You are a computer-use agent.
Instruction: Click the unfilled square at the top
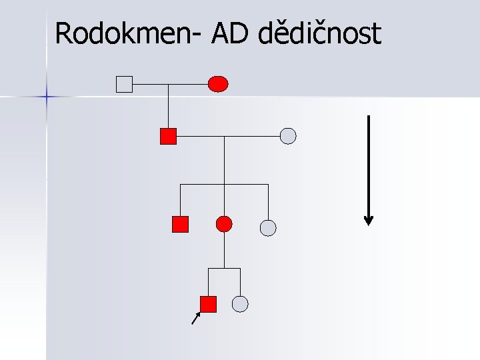[125, 84]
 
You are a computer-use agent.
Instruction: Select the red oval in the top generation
[218, 84]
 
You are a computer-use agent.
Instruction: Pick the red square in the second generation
[168, 136]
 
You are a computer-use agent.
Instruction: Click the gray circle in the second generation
[288, 136]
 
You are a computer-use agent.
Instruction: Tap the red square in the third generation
[180, 224]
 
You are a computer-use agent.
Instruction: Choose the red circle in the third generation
[225, 224]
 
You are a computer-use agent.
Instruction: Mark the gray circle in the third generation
[267, 228]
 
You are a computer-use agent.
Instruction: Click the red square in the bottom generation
[209, 304]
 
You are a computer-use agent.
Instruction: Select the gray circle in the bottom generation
[240, 304]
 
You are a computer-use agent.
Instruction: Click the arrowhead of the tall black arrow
[369, 220]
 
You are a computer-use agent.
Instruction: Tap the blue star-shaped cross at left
[47, 97]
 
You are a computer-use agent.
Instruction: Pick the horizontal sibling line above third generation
[224, 184]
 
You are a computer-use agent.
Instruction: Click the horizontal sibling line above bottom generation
[224, 269]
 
